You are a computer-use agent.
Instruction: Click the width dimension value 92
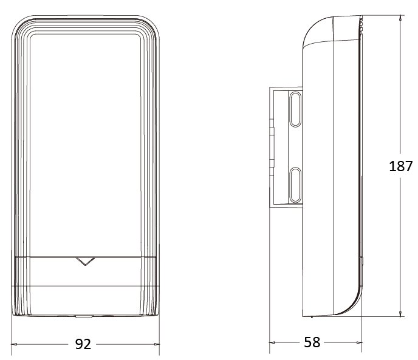click(83, 344)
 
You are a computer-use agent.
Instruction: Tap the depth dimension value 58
click(312, 342)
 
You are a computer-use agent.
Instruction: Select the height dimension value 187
click(400, 166)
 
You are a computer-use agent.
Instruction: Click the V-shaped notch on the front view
click(85, 262)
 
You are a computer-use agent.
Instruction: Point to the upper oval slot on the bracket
click(295, 109)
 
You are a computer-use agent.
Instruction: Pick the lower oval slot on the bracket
click(295, 185)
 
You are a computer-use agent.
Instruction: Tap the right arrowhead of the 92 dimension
click(157, 344)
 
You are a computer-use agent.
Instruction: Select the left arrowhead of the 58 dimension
click(272, 342)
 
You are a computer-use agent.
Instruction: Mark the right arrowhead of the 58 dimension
click(359, 342)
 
